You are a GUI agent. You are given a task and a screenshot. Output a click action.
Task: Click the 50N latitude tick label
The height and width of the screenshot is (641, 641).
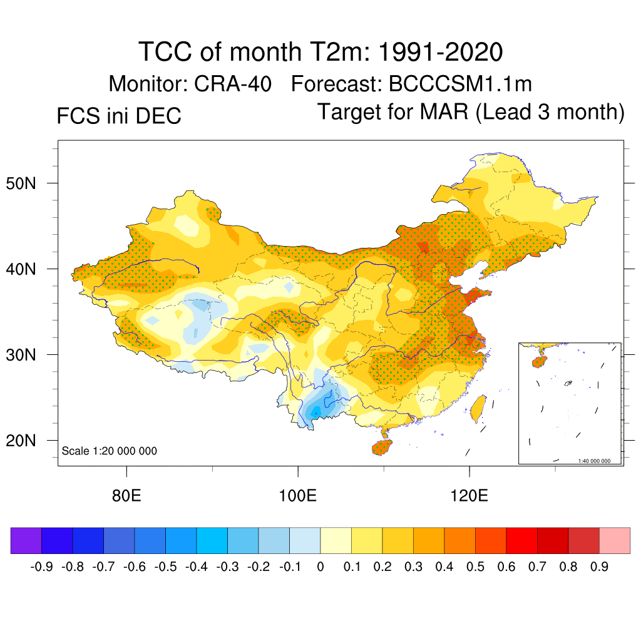coord(27,183)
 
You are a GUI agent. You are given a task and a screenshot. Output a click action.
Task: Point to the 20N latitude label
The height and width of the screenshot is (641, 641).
coord(27,441)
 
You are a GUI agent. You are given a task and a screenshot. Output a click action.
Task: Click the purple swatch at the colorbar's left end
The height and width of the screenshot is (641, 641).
coord(26,540)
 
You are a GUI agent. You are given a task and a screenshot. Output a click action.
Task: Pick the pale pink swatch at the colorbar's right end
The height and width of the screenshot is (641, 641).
coord(615,540)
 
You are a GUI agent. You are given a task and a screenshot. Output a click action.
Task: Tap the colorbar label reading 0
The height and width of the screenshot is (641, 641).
coord(320,567)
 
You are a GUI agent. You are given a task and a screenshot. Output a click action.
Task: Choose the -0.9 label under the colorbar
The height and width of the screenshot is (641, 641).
coord(41,567)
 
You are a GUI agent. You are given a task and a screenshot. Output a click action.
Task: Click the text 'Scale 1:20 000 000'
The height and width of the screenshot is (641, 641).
coord(110,451)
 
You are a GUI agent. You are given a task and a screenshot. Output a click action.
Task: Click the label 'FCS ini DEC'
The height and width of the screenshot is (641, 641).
coord(119,116)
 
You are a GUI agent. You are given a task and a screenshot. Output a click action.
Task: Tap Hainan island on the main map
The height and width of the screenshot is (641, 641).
coord(381,446)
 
